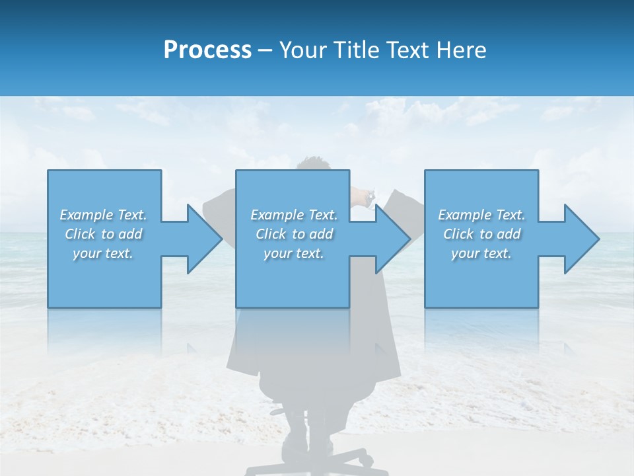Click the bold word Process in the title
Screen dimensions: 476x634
tap(207, 50)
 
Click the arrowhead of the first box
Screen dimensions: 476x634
tap(204, 239)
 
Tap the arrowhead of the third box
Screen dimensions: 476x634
tap(582, 239)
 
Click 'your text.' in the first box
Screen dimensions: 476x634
tap(104, 253)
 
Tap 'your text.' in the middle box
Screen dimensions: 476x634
tap(294, 253)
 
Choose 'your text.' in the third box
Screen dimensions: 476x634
tap(481, 253)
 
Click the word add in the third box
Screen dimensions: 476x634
tap(509, 234)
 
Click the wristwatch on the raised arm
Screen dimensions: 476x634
tap(370, 196)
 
